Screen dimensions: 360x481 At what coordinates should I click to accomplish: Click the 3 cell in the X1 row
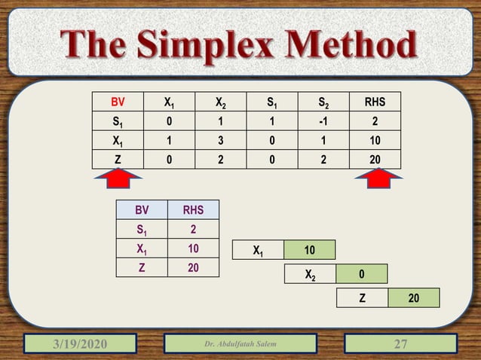[218, 139]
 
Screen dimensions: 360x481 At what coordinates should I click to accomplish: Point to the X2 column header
[218, 102]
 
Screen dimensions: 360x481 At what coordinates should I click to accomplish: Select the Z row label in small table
[141, 266]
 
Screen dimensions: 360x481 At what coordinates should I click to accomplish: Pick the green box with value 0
[361, 275]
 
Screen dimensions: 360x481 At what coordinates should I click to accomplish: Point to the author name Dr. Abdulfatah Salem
[240, 344]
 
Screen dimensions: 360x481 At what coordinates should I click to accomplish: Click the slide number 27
[401, 343]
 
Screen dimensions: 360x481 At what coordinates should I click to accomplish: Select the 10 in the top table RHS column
[374, 139]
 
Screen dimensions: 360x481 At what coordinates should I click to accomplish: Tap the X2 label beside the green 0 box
[310, 275]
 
